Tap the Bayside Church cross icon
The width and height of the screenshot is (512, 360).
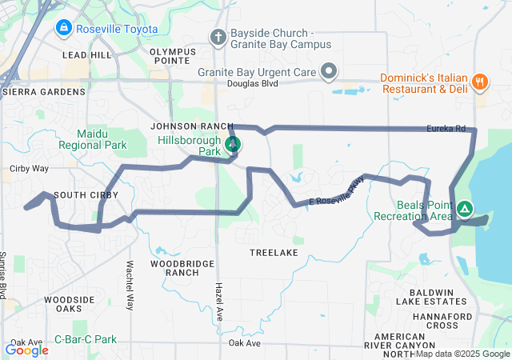[x=217, y=37]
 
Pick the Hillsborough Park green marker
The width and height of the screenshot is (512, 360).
[x=233, y=145]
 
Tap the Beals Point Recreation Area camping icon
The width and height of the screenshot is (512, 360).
[x=465, y=210]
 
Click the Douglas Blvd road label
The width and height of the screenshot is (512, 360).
[x=252, y=83]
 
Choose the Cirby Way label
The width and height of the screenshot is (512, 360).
[x=29, y=169]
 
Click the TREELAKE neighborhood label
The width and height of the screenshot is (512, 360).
[x=274, y=252]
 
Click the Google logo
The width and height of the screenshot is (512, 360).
[x=27, y=350]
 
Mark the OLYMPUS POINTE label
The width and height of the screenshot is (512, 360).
[x=173, y=56]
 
